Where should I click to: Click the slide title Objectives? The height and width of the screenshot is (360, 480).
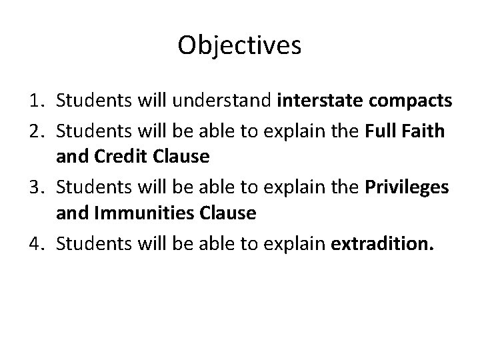click(240, 45)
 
